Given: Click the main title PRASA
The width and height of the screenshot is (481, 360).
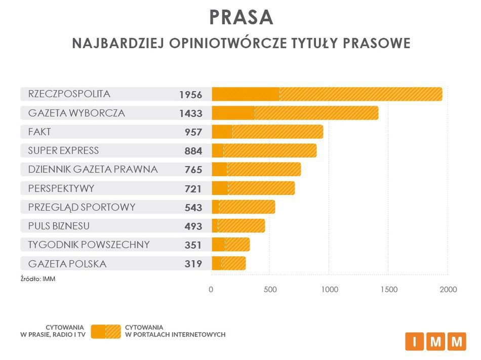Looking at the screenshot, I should tap(241, 17).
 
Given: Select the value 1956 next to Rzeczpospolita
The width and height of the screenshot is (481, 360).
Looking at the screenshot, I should tap(190, 95).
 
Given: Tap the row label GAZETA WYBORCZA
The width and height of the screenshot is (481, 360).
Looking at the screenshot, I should tap(76, 113).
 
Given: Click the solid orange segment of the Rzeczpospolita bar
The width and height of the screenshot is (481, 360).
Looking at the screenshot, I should tap(246, 94).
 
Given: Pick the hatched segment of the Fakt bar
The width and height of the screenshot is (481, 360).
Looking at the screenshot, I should tap(277, 132).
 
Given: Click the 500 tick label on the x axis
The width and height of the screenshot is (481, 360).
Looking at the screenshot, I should tap(270, 290).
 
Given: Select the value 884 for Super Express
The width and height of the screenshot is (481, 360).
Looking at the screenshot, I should tap(193, 151).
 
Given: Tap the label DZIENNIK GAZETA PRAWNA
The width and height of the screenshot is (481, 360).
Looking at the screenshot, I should tap(93, 169).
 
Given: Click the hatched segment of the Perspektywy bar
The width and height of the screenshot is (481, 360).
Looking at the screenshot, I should tap(261, 188).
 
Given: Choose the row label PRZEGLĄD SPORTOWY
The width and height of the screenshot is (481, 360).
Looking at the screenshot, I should tap(82, 207).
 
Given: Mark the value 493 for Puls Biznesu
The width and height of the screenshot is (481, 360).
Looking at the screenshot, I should tap(193, 226).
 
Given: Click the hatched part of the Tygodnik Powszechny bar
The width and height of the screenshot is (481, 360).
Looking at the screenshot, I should tap(237, 245).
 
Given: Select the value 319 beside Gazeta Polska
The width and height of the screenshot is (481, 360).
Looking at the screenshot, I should tap(193, 264).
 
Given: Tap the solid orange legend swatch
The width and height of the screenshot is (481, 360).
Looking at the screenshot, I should tap(98, 331).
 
